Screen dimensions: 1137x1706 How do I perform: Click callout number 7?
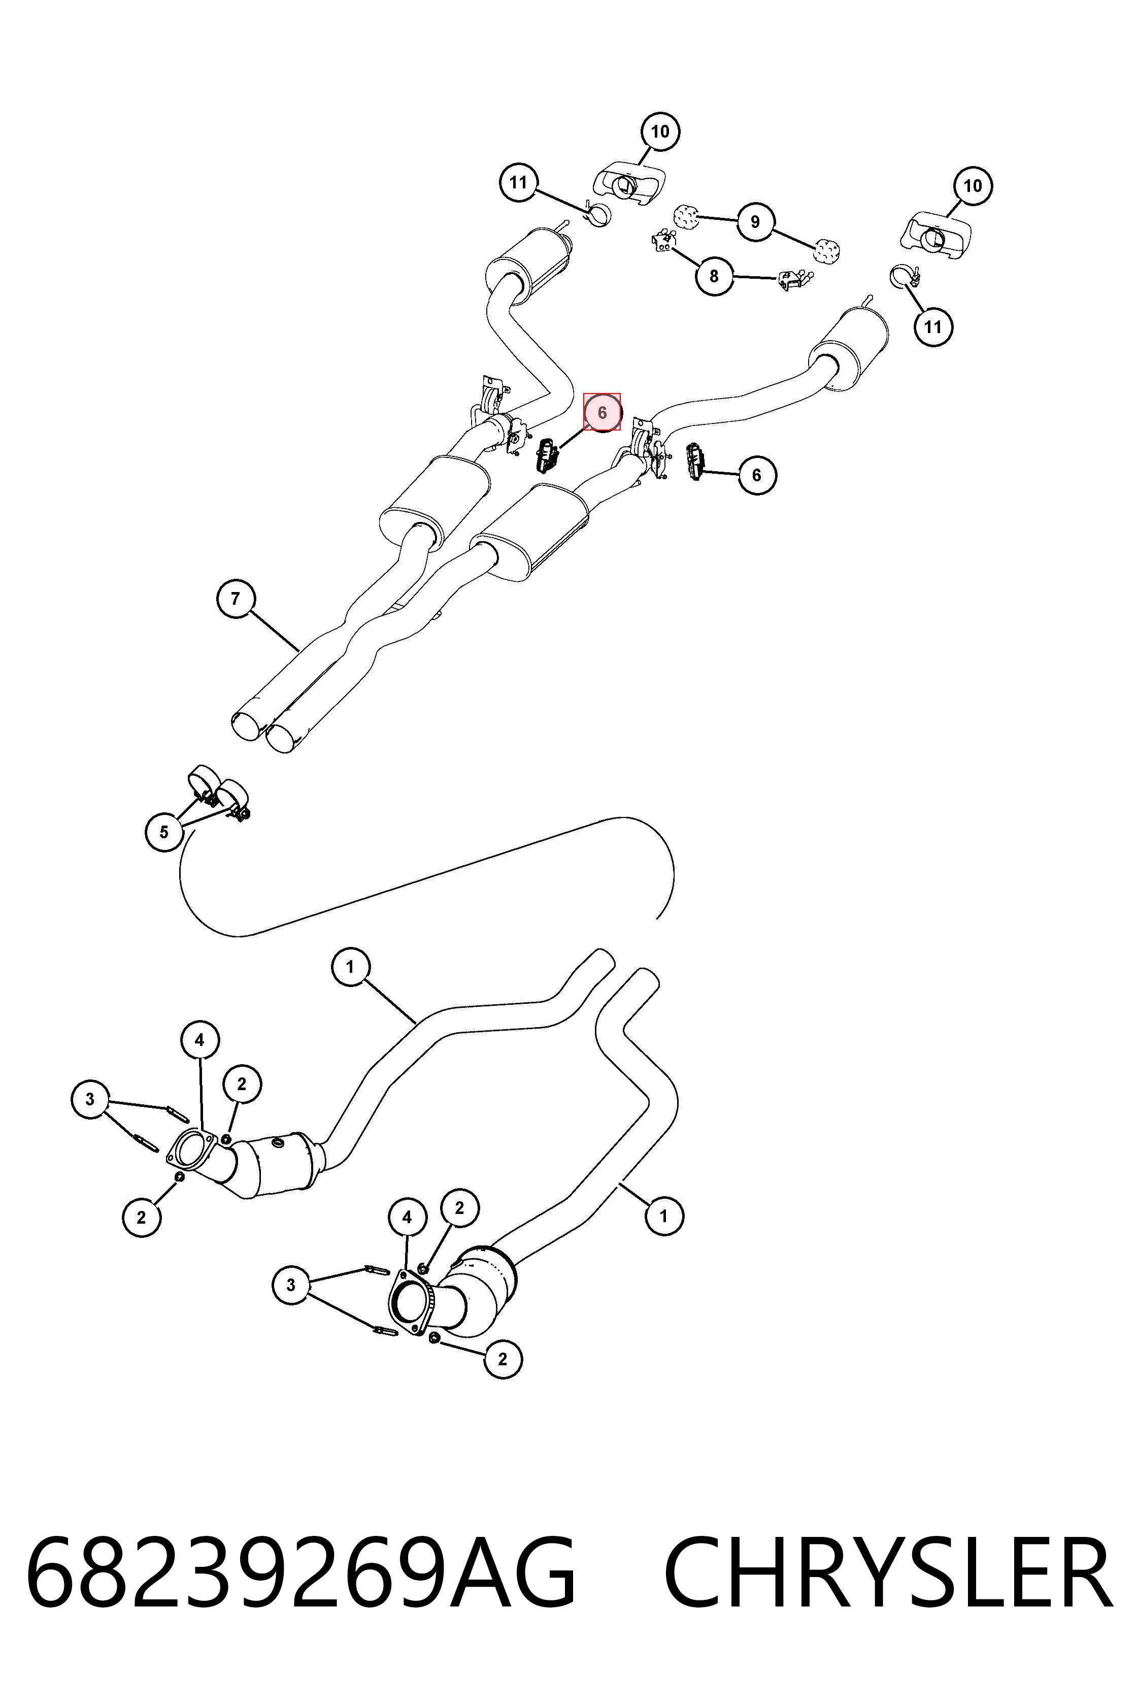pos(236,599)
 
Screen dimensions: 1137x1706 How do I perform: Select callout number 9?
pos(755,221)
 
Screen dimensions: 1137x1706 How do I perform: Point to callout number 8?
pos(714,276)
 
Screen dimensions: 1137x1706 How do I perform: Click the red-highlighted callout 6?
pos(602,412)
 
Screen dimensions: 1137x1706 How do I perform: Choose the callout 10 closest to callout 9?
pos(660,132)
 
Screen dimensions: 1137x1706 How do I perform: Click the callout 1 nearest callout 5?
pos(350,967)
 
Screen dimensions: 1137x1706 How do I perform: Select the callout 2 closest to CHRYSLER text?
pos(503,1359)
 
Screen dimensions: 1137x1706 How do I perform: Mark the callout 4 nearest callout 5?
pos(199,1040)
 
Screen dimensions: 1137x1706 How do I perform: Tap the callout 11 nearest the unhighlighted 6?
pos(932,326)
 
